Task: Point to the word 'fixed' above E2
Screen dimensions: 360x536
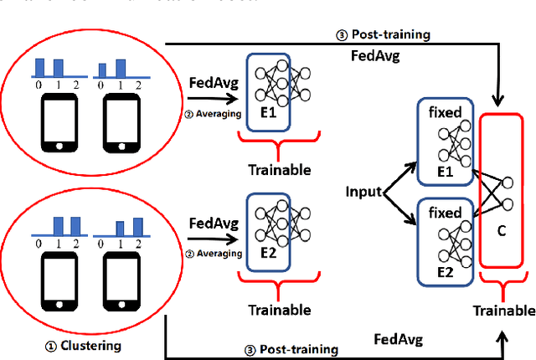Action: [x=444, y=213]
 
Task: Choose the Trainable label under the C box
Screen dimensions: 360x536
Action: [x=502, y=311]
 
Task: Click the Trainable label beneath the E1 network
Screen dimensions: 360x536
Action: [x=279, y=170]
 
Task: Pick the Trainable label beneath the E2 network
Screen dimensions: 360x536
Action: [x=279, y=308]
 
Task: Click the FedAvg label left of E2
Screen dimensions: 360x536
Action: [x=214, y=224]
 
